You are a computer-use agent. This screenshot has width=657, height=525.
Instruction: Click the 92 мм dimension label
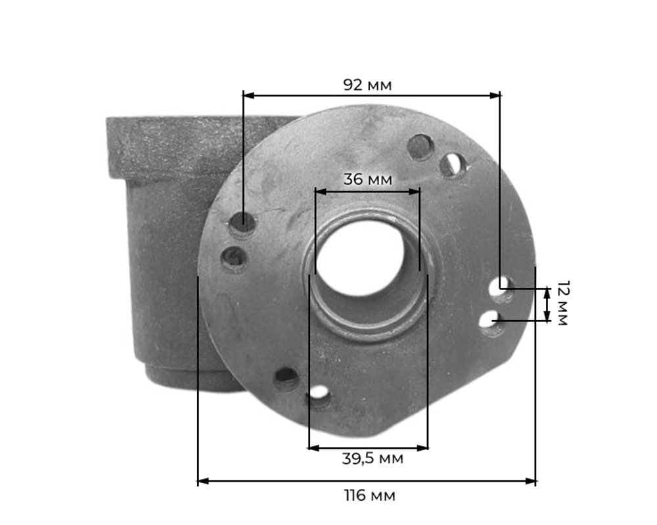point(367,85)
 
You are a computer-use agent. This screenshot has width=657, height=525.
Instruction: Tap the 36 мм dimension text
point(367,179)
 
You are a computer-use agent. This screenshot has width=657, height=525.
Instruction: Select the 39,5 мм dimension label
point(372,459)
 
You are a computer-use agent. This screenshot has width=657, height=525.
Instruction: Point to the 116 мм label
point(370,495)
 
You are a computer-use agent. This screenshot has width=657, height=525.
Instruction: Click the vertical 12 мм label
point(562,303)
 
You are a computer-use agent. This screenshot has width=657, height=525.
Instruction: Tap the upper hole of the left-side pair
point(242,223)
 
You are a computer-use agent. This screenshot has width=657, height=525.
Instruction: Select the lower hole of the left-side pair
point(234,258)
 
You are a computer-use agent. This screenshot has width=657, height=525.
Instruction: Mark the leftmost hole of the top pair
point(420,147)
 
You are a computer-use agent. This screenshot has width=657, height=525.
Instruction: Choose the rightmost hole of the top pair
point(452,164)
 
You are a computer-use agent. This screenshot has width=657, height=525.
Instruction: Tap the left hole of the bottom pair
point(286,378)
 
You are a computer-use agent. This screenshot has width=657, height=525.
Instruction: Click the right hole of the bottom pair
point(318,395)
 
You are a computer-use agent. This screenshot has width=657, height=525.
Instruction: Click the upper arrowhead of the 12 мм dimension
point(547,291)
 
